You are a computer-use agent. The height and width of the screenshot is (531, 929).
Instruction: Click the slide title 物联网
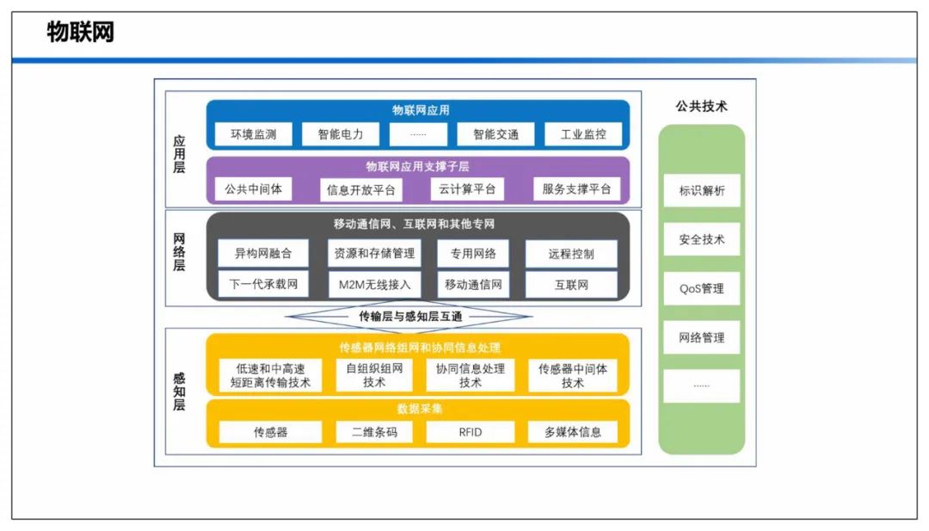(80, 32)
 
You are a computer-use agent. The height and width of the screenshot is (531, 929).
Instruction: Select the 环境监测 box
(253, 134)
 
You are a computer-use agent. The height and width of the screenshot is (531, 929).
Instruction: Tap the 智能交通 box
(495, 134)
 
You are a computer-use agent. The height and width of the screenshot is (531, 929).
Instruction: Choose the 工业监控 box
(583, 134)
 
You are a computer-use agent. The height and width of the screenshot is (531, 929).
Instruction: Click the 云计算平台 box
(467, 189)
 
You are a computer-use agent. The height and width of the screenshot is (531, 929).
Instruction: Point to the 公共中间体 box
(253, 189)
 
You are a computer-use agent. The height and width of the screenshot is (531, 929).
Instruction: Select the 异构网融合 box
(263, 254)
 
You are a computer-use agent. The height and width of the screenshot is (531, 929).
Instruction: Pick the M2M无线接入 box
(374, 285)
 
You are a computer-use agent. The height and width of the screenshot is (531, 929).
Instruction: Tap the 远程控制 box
(571, 254)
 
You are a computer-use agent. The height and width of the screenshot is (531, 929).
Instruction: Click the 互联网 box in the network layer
(571, 285)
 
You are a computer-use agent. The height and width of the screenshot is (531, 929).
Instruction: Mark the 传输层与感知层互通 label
(410, 317)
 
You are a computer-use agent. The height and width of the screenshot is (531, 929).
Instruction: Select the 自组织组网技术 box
(374, 375)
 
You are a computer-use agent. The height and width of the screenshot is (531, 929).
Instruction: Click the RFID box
(471, 432)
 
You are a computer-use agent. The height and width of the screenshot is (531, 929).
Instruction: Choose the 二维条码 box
(374, 432)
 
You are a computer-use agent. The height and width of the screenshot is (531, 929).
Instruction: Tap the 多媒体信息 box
(572, 432)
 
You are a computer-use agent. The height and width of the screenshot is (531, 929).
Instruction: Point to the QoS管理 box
(702, 288)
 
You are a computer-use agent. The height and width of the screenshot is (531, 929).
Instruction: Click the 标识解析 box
(702, 190)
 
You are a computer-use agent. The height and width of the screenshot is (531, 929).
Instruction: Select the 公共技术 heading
(702, 107)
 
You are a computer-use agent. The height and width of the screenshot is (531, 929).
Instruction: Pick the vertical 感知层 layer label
(179, 391)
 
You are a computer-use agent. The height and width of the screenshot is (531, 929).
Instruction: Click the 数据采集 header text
(420, 409)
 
